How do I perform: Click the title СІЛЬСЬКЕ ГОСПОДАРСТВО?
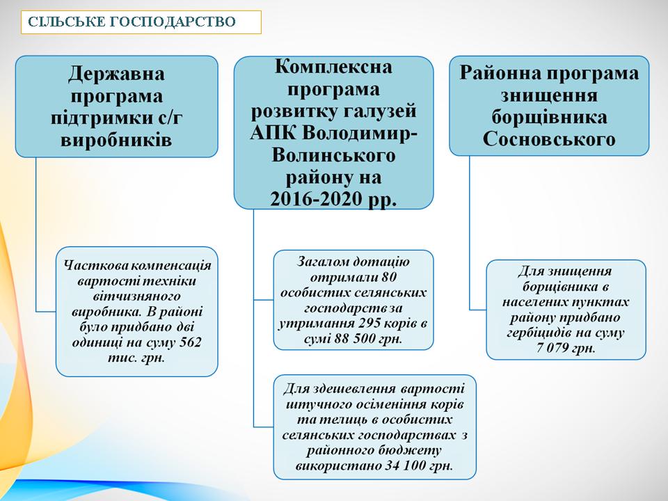point(132,22)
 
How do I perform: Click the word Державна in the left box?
point(117,73)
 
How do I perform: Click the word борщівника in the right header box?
point(549,118)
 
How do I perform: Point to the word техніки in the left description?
point(177,280)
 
